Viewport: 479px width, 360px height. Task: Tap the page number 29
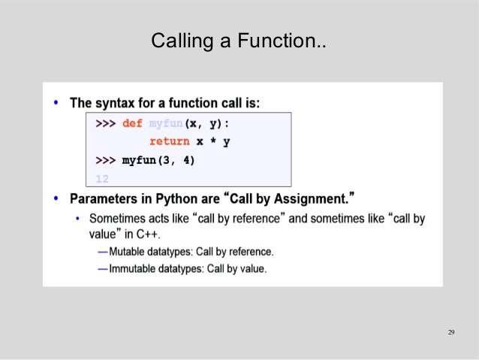click(x=451, y=333)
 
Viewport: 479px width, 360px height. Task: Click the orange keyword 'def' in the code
click(x=132, y=123)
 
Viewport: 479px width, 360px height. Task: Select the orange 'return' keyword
click(x=169, y=141)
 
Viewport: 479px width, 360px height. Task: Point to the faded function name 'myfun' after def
click(x=166, y=123)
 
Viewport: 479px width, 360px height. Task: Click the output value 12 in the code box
click(x=103, y=178)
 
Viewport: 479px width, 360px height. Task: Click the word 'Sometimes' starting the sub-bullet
click(x=114, y=219)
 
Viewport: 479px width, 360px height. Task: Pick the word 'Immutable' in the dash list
click(x=132, y=268)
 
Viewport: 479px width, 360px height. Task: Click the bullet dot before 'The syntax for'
click(x=57, y=102)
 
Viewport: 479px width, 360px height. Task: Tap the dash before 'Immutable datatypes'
click(x=102, y=268)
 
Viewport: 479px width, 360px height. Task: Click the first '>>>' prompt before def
click(x=105, y=123)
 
